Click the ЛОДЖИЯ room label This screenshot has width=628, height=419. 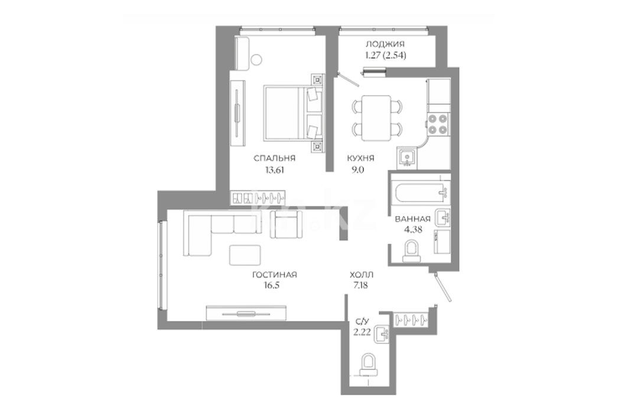pyautogui.click(x=385, y=44)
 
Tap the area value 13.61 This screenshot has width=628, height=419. pyautogui.click(x=274, y=170)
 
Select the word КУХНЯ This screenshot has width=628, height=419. pyautogui.click(x=360, y=158)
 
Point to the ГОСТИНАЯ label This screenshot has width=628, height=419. pyautogui.click(x=274, y=275)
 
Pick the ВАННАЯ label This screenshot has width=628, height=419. pyautogui.click(x=412, y=219)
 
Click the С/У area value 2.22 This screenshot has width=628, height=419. pyautogui.click(x=362, y=332)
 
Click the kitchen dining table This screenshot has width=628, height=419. pyautogui.click(x=376, y=118)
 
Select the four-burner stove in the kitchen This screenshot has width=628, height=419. pyautogui.click(x=438, y=124)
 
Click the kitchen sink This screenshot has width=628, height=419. pyautogui.click(x=407, y=158)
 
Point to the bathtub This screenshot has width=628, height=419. pyautogui.click(x=421, y=194)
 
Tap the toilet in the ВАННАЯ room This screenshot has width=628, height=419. pyautogui.click(x=411, y=250)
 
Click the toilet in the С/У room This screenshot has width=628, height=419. pyautogui.click(x=369, y=365)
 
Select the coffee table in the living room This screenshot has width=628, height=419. pyautogui.click(x=245, y=255)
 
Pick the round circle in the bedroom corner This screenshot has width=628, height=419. pyautogui.click(x=256, y=60)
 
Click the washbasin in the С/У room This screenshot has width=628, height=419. pyautogui.click(x=381, y=334)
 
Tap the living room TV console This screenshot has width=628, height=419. pyautogui.click(x=246, y=313)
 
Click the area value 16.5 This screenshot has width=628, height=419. pyautogui.click(x=271, y=285)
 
